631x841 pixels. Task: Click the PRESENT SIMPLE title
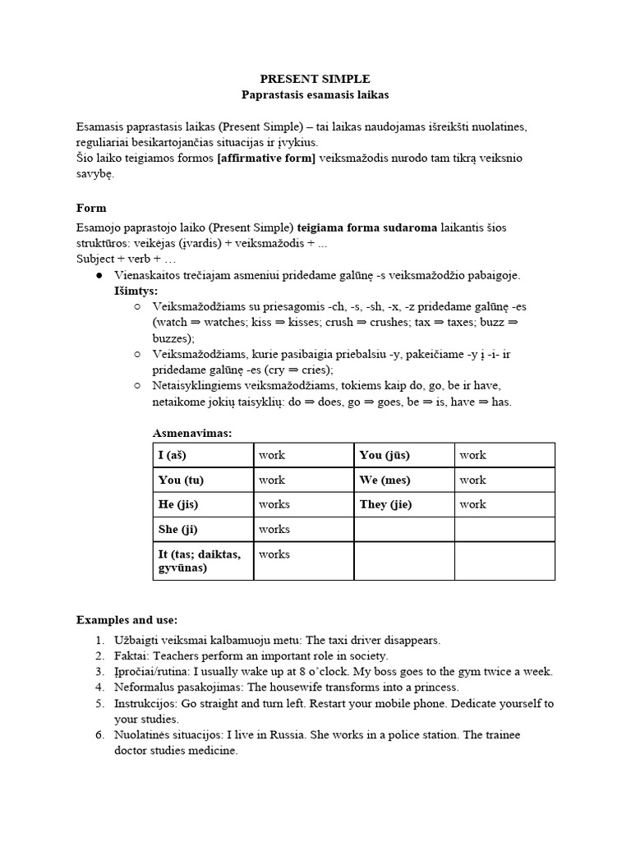click(315, 79)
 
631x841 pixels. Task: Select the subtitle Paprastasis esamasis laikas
click(315, 95)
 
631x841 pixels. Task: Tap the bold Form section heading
click(91, 208)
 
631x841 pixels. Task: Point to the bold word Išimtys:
click(136, 291)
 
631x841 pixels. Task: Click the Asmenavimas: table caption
click(192, 433)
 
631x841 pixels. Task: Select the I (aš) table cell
click(203, 455)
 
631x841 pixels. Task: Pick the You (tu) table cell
click(203, 480)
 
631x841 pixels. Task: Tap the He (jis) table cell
click(203, 504)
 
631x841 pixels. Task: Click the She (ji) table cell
click(203, 529)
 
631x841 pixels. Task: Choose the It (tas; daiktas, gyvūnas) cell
click(203, 561)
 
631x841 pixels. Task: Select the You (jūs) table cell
click(404, 455)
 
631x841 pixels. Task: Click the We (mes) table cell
click(404, 480)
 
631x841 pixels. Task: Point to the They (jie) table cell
click(404, 504)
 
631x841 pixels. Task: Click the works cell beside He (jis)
click(302, 504)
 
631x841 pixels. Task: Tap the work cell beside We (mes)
click(504, 480)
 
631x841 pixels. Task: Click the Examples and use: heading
click(127, 619)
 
